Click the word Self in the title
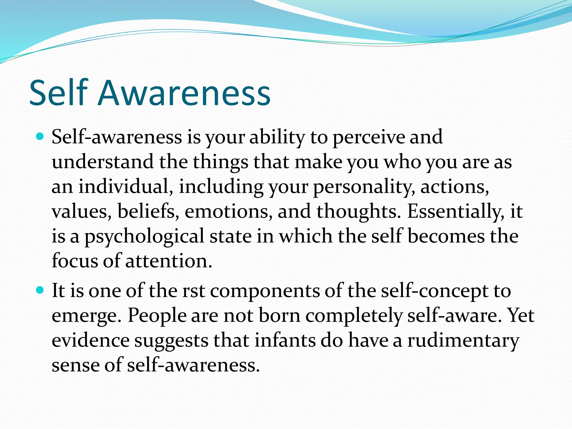click(x=59, y=93)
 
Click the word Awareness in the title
click(x=184, y=93)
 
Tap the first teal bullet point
click(x=40, y=137)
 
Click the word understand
click(x=103, y=162)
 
